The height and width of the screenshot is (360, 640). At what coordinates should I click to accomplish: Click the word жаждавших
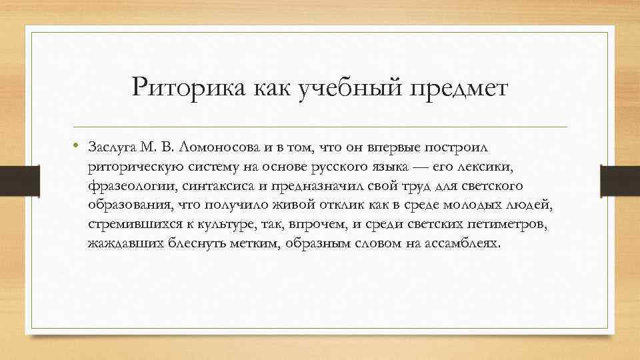click(x=120, y=243)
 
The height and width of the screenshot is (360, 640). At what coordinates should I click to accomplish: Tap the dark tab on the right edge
click(x=621, y=180)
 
